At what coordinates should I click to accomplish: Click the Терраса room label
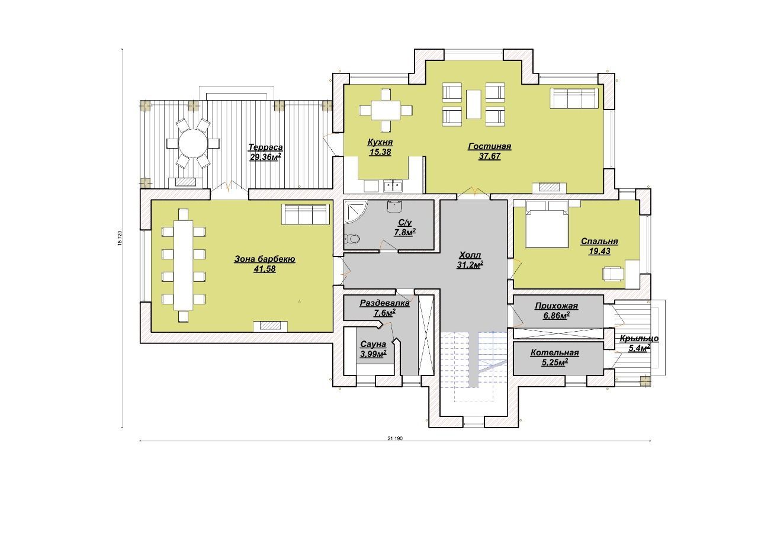[266, 147]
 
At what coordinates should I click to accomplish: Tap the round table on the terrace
[192, 143]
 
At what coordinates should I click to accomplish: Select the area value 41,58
[265, 269]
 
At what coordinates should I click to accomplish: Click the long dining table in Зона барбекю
[183, 265]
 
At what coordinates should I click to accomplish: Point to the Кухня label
[380, 142]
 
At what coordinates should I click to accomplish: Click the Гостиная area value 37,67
[489, 156]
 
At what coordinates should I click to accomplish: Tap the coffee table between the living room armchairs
[473, 104]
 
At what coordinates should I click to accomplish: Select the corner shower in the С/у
[355, 211]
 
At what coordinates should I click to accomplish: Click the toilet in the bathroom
[352, 239]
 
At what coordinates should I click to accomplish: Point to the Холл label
[470, 255]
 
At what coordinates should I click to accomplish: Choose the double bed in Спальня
[547, 224]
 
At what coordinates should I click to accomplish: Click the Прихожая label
[556, 306]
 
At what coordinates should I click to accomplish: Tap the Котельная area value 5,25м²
[555, 362]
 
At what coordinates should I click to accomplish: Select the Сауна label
[373, 344]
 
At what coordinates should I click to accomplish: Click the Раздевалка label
[384, 303]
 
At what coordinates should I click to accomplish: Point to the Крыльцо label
[639, 338]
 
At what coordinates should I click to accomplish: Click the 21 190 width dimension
[395, 438]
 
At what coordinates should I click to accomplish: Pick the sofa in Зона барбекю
[305, 214]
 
